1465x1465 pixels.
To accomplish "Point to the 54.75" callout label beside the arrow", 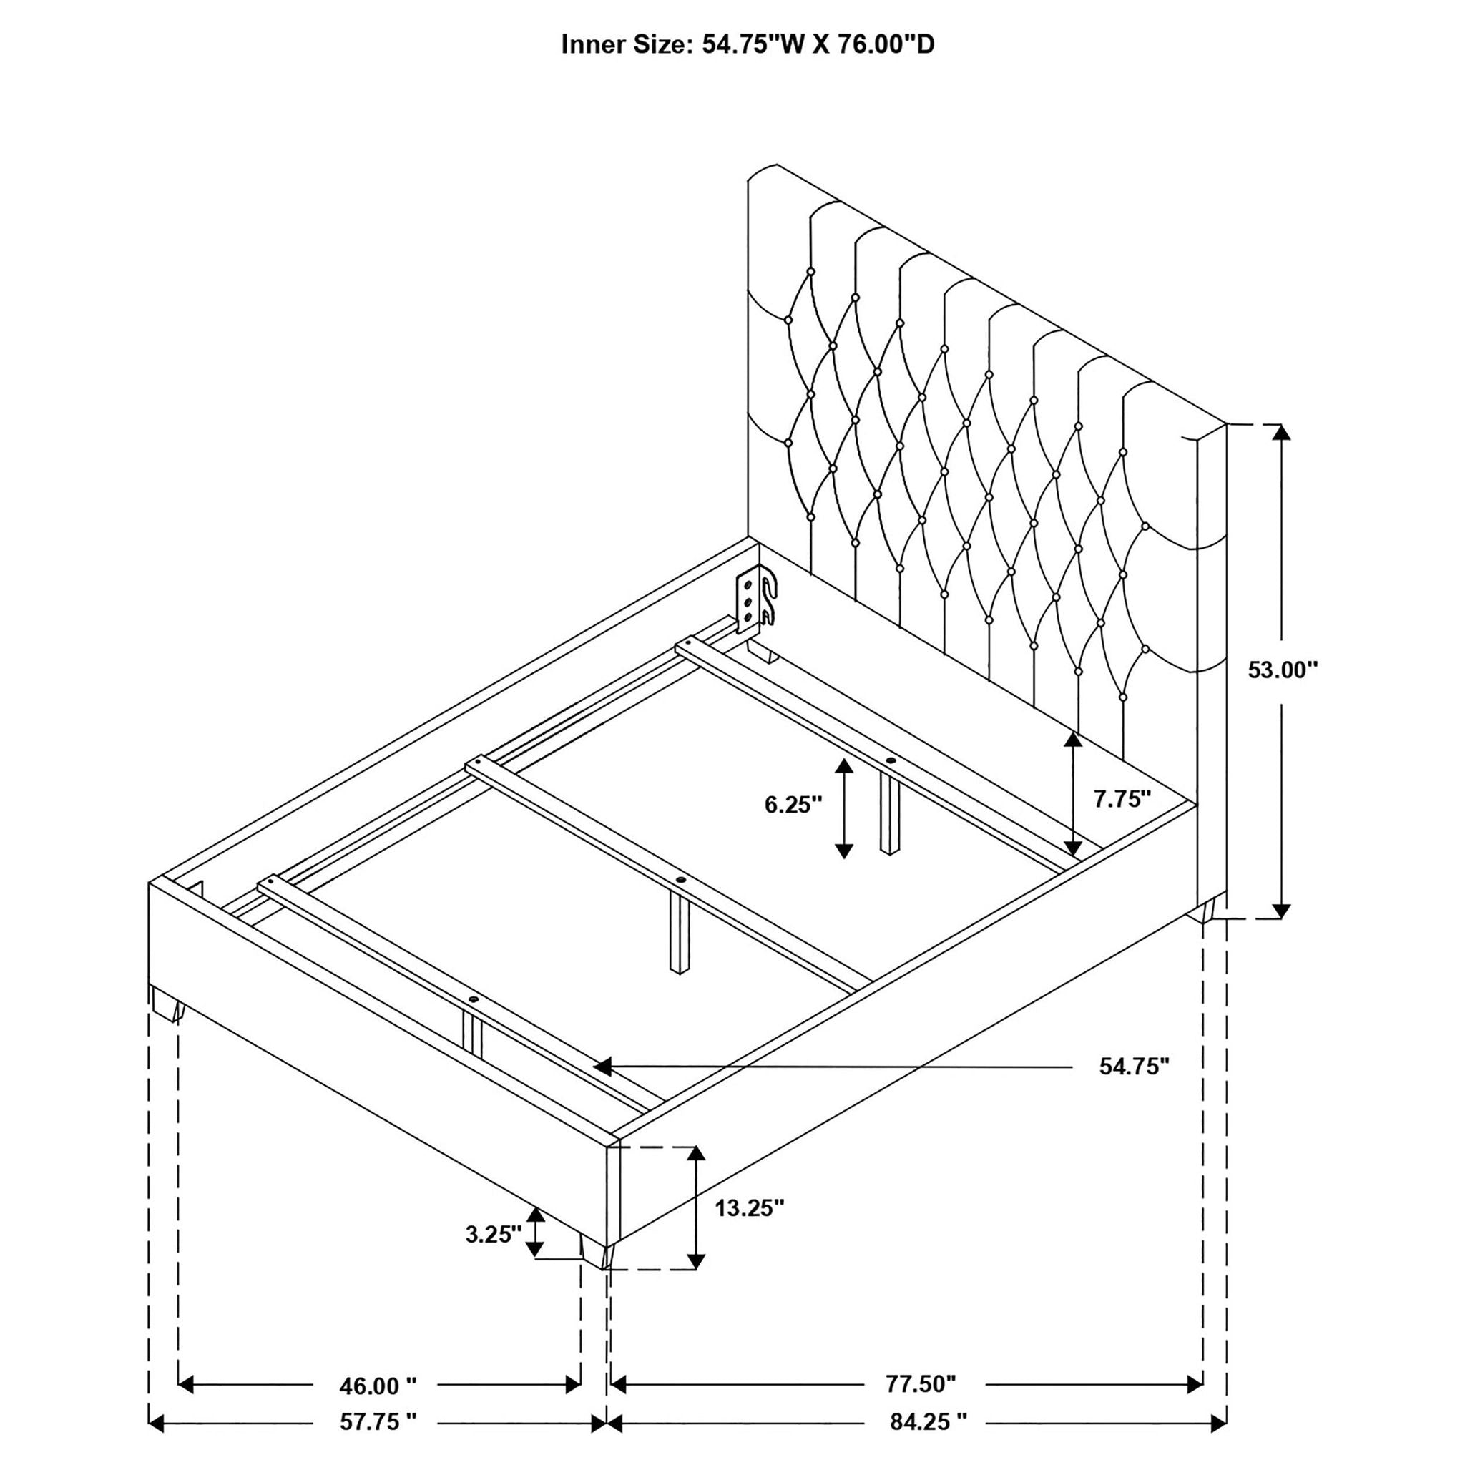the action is point(1135,1067).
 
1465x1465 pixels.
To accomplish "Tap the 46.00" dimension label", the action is point(378,1386).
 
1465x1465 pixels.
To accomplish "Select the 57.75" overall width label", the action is point(378,1422).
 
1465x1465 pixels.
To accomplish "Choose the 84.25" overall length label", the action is point(929,1422).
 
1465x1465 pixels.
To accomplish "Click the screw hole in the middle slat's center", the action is point(680,881).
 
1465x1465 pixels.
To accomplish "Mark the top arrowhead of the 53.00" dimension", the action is point(1281,432).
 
